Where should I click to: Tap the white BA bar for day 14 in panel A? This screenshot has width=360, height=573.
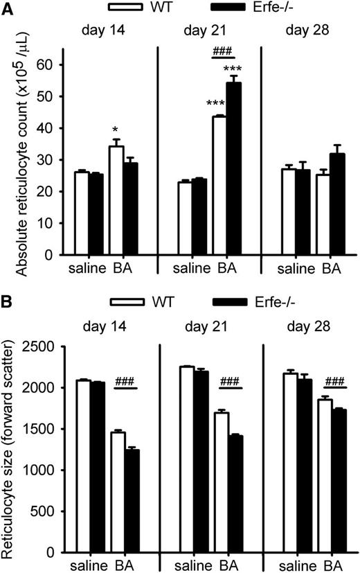coord(117,200)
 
